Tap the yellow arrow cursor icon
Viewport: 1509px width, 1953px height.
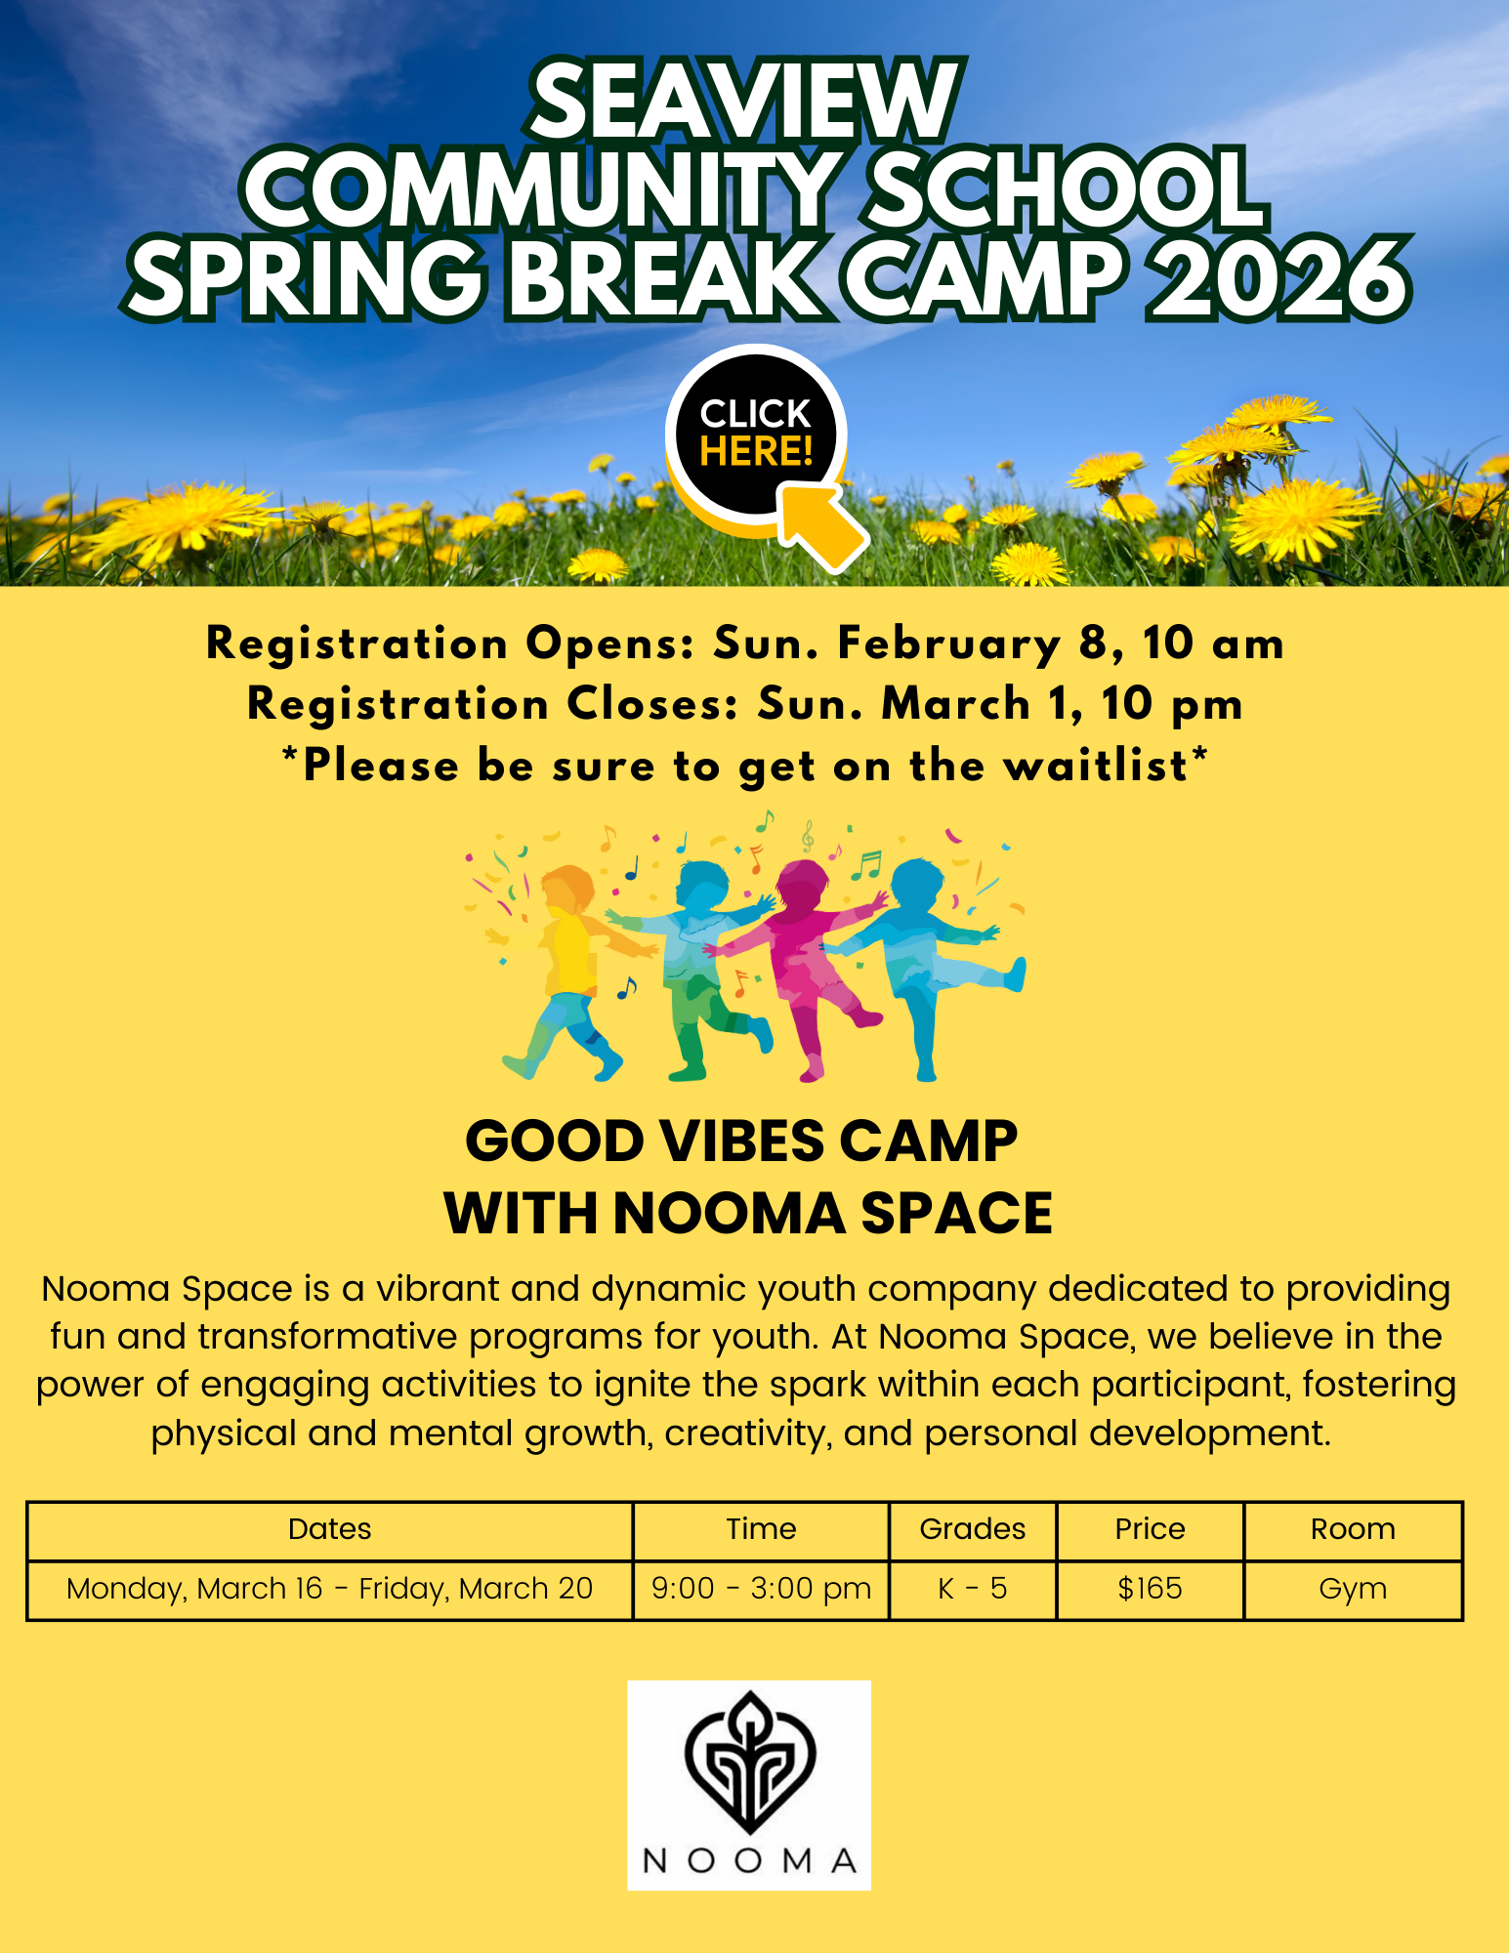click(824, 526)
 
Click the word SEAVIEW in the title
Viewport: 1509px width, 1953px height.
click(746, 101)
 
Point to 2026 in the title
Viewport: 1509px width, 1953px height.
click(1278, 279)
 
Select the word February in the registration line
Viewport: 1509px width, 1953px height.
click(949, 644)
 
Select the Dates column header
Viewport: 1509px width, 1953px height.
click(330, 1529)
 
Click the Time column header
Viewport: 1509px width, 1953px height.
click(761, 1529)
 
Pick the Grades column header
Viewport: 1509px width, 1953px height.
click(973, 1529)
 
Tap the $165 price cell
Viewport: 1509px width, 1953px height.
click(1151, 1589)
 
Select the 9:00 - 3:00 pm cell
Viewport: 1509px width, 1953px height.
click(762, 1590)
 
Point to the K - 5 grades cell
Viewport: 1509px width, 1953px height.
click(973, 1589)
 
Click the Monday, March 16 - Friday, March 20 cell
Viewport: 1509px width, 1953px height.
click(330, 1590)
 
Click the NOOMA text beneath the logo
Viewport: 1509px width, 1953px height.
click(749, 1861)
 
